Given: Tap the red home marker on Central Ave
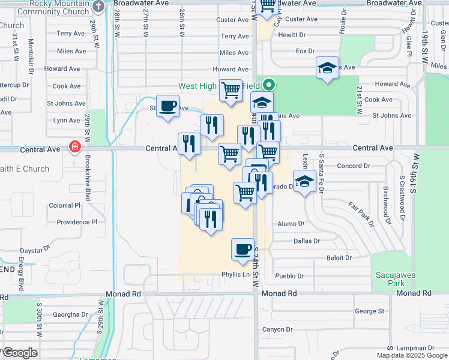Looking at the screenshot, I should click(75, 147).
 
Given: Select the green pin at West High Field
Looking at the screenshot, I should click(269, 85).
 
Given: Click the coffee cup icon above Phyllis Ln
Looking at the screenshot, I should click(243, 249).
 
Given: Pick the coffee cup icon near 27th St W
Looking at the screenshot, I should click(168, 106).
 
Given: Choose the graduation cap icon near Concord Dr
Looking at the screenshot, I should click(304, 181).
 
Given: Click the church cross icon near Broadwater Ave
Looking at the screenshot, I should click(98, 5).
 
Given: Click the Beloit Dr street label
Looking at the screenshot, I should click(339, 258).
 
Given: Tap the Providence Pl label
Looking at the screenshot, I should click(77, 222).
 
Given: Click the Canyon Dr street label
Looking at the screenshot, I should click(277, 329).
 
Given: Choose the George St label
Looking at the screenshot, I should click(369, 311).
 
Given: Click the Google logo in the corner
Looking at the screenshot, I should click(20, 353).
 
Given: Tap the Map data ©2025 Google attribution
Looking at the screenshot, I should click(412, 355).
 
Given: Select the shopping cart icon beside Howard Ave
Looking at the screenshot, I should click(231, 91).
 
